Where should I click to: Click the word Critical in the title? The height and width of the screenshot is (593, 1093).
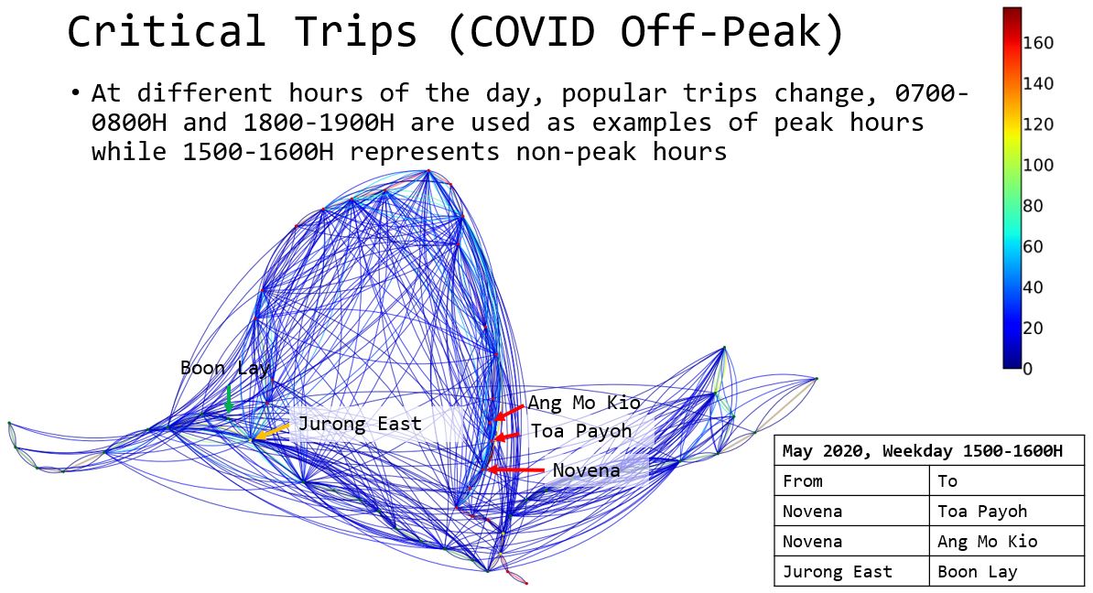coord(167,32)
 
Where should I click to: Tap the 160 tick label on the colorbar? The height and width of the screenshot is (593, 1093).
coord(1038,43)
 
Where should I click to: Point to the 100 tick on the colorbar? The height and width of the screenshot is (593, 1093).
coord(1038,165)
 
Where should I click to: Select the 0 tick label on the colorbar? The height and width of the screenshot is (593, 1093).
coord(1027,369)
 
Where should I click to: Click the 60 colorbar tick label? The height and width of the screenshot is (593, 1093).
coord(1033,247)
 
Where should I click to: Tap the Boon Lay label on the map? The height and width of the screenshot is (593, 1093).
coord(224,368)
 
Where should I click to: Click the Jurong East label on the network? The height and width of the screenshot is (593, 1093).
coord(360,424)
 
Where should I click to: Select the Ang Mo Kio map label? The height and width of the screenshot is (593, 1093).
coord(584,403)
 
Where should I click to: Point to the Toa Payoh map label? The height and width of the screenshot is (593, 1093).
coord(581,431)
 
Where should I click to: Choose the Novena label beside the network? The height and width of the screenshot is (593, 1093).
coord(586,470)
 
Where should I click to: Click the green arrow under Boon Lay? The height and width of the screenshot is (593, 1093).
coord(229,399)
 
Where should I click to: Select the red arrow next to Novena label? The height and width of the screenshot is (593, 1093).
coord(515,470)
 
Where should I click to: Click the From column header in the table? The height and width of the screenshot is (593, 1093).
coord(802,481)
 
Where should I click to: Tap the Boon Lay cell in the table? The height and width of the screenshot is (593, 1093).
coord(978,572)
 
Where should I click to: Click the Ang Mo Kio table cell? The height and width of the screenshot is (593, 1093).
coord(988,542)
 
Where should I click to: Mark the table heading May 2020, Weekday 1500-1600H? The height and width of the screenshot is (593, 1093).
coord(922,451)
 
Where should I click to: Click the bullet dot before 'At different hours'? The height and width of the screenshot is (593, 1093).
coord(75,93)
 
